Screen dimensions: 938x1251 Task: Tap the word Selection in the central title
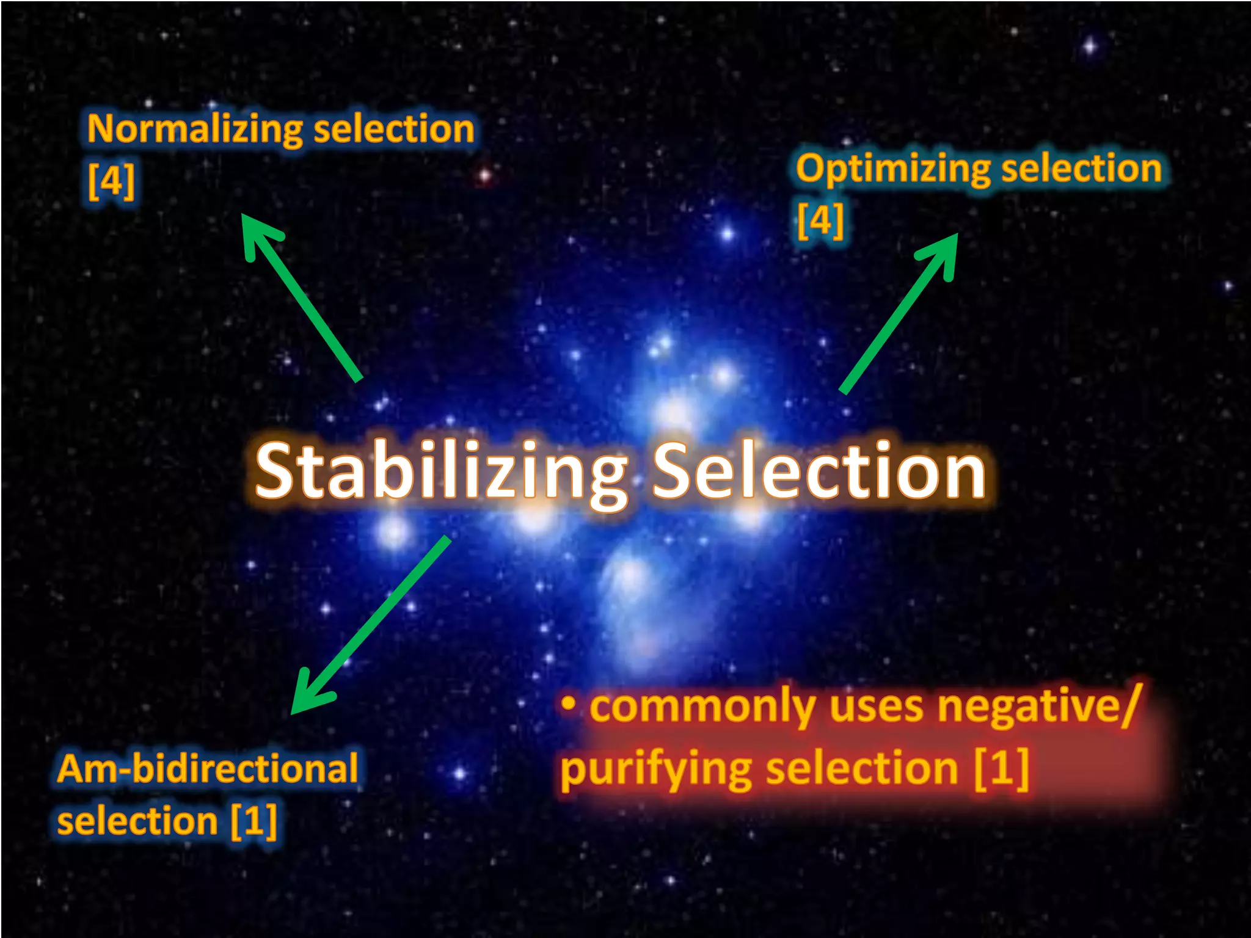pyautogui.click(x=819, y=470)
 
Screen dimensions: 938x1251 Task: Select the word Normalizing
pyautogui.click(x=195, y=130)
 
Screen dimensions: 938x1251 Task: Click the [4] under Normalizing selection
pyautogui.click(x=111, y=181)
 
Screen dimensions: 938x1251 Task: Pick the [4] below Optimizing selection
pyautogui.click(x=821, y=220)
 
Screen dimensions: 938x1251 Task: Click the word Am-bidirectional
pyautogui.click(x=208, y=768)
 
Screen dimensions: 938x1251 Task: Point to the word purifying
pyautogui.click(x=656, y=769)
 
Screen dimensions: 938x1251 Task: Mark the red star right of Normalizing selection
pyautogui.click(x=484, y=176)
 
